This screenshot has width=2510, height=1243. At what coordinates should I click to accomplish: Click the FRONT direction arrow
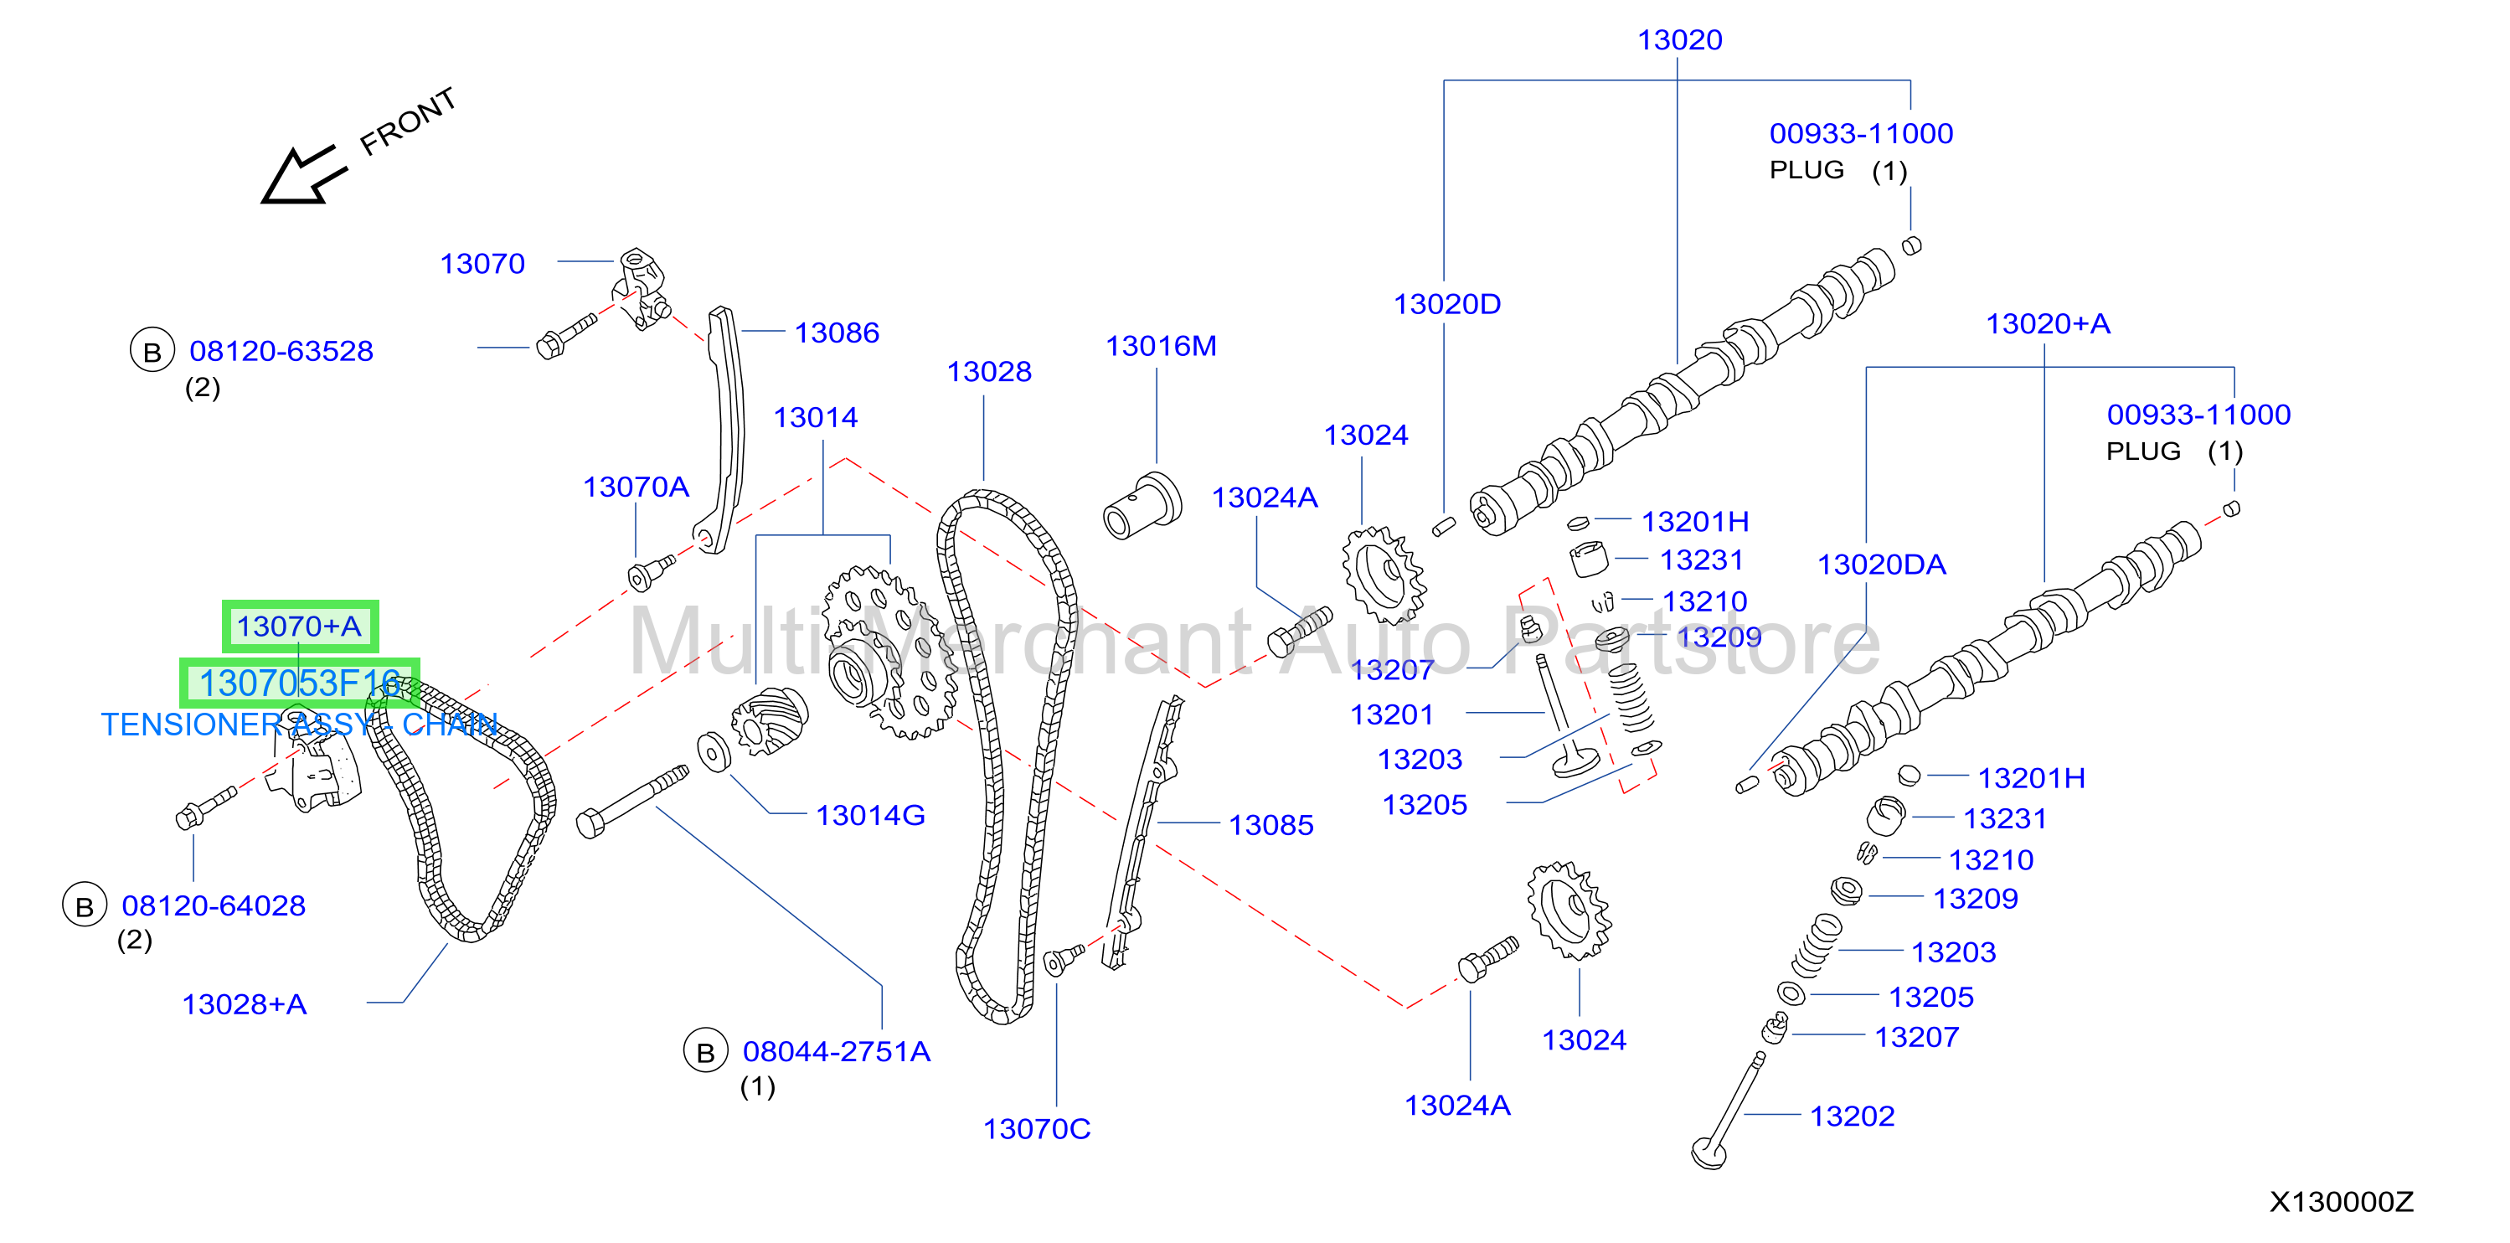(304, 175)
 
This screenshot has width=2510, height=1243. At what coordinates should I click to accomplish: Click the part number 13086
(836, 333)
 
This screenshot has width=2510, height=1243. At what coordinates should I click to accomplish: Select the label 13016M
(1161, 346)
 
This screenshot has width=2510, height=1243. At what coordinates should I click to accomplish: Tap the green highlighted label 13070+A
(300, 627)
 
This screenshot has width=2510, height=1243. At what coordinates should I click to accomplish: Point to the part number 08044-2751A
(836, 1051)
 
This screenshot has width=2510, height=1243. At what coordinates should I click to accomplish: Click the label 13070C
(1037, 1129)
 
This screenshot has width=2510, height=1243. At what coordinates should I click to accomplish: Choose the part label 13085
(1270, 825)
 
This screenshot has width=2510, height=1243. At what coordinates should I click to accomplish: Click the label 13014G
(870, 815)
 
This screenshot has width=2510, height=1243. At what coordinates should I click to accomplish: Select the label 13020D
(1447, 304)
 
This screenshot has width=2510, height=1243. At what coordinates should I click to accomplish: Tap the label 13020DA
(1882, 565)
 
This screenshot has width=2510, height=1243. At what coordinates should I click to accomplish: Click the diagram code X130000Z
(2342, 1202)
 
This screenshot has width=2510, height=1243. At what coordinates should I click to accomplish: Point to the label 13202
(1853, 1117)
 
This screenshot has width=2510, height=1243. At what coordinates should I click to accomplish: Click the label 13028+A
(245, 1004)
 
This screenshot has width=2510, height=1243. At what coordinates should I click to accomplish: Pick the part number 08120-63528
(281, 351)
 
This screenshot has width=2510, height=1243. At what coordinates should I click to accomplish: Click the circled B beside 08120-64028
(85, 906)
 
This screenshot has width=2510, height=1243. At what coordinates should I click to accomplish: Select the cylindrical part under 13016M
(1142, 507)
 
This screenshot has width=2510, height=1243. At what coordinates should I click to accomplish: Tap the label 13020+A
(2049, 323)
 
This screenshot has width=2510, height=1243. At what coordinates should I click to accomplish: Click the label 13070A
(636, 487)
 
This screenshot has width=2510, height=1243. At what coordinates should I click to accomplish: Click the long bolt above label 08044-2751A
(632, 801)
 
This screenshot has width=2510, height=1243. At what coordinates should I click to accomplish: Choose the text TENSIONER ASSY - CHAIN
(299, 725)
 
